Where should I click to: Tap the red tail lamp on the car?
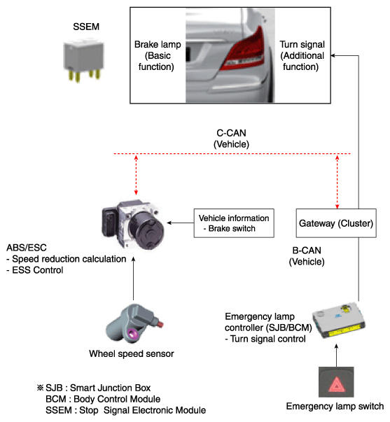pyautogui.click(x=244, y=50)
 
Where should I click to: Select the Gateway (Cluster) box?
pyautogui.click(x=336, y=223)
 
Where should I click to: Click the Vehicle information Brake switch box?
pyautogui.click(x=234, y=223)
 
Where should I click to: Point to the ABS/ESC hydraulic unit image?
pyautogui.click(x=133, y=225)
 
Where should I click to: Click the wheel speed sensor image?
pyautogui.click(x=134, y=323)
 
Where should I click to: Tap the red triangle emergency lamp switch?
pyautogui.click(x=336, y=382)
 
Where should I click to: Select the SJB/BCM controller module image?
pyautogui.click(x=339, y=321)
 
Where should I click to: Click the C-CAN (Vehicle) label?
pyautogui.click(x=231, y=139)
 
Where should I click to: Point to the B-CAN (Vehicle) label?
pyautogui.click(x=307, y=256)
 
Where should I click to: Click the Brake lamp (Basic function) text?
pyautogui.click(x=158, y=55)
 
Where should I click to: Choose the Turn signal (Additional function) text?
pyautogui.click(x=302, y=55)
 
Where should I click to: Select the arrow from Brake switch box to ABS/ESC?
pyautogui.click(x=181, y=223)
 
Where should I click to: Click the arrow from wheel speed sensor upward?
pyautogui.click(x=133, y=279)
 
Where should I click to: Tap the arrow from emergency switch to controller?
pyautogui.click(x=336, y=356)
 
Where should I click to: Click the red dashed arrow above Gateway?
pyautogui.click(x=337, y=182)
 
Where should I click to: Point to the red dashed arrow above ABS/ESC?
pyautogui.click(x=136, y=175)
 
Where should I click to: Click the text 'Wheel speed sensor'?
pyautogui.click(x=132, y=353)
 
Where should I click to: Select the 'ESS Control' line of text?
pyautogui.click(x=35, y=270)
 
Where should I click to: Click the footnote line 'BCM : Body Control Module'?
pyautogui.click(x=103, y=399)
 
